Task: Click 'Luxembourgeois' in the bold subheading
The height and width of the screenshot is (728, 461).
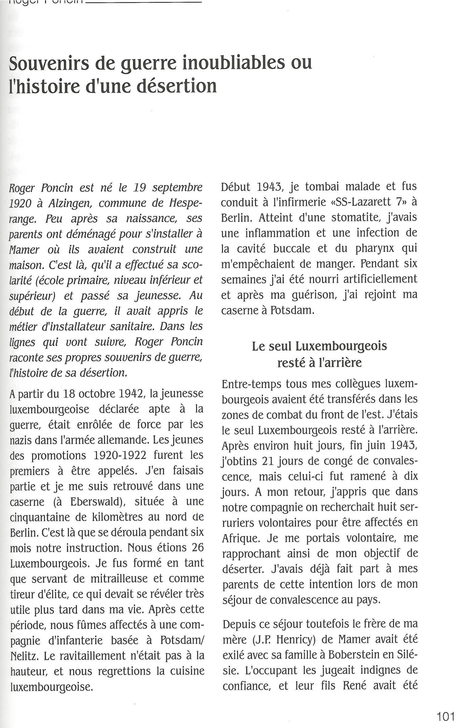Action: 341,346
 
